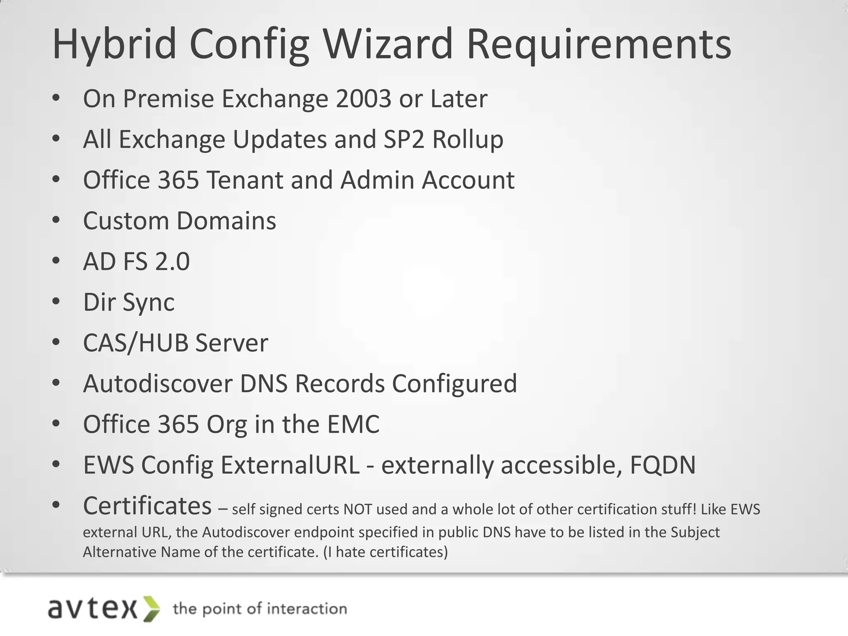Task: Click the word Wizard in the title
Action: [388, 44]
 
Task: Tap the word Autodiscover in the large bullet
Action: [157, 383]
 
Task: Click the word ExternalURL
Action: [290, 465]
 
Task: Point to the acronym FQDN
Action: [662, 465]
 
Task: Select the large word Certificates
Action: [147, 506]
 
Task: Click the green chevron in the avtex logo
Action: [152, 609]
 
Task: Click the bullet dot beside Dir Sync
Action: [56, 301]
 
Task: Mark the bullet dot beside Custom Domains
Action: [56, 220]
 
